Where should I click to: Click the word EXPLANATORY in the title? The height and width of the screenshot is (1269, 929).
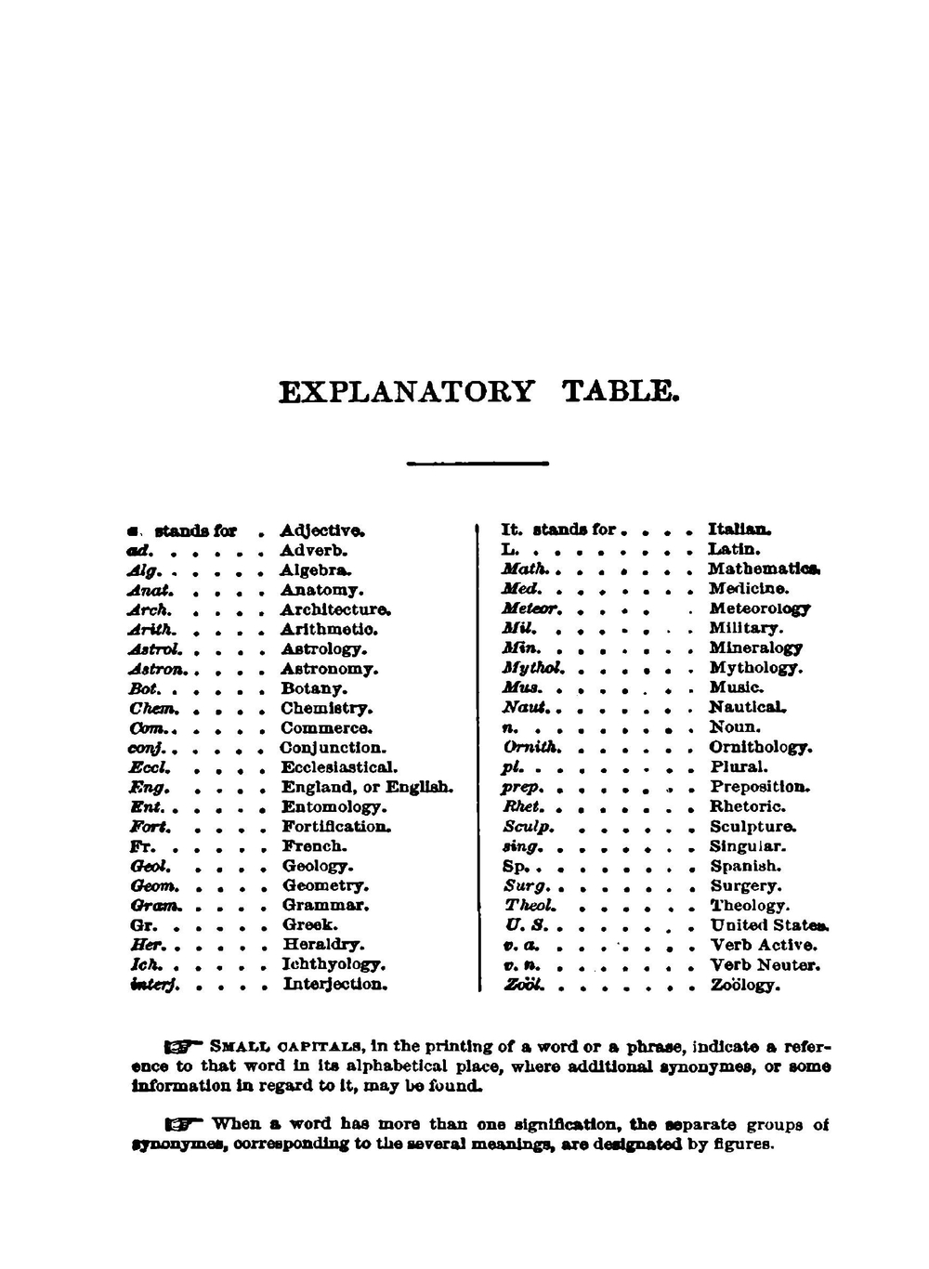[x=406, y=391]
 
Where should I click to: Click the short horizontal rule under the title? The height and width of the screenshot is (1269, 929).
[x=478, y=463]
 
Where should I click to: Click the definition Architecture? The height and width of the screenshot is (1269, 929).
[x=335, y=610]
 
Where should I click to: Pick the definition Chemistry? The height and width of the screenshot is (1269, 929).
[x=327, y=709]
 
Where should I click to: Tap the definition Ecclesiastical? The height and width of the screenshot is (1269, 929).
[x=339, y=767]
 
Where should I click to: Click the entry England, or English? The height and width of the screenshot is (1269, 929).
[x=368, y=788]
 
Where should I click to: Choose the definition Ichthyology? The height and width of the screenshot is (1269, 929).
[x=334, y=964]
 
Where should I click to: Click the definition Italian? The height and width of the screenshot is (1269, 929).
[x=739, y=530]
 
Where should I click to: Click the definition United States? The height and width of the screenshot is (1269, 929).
[x=770, y=925]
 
